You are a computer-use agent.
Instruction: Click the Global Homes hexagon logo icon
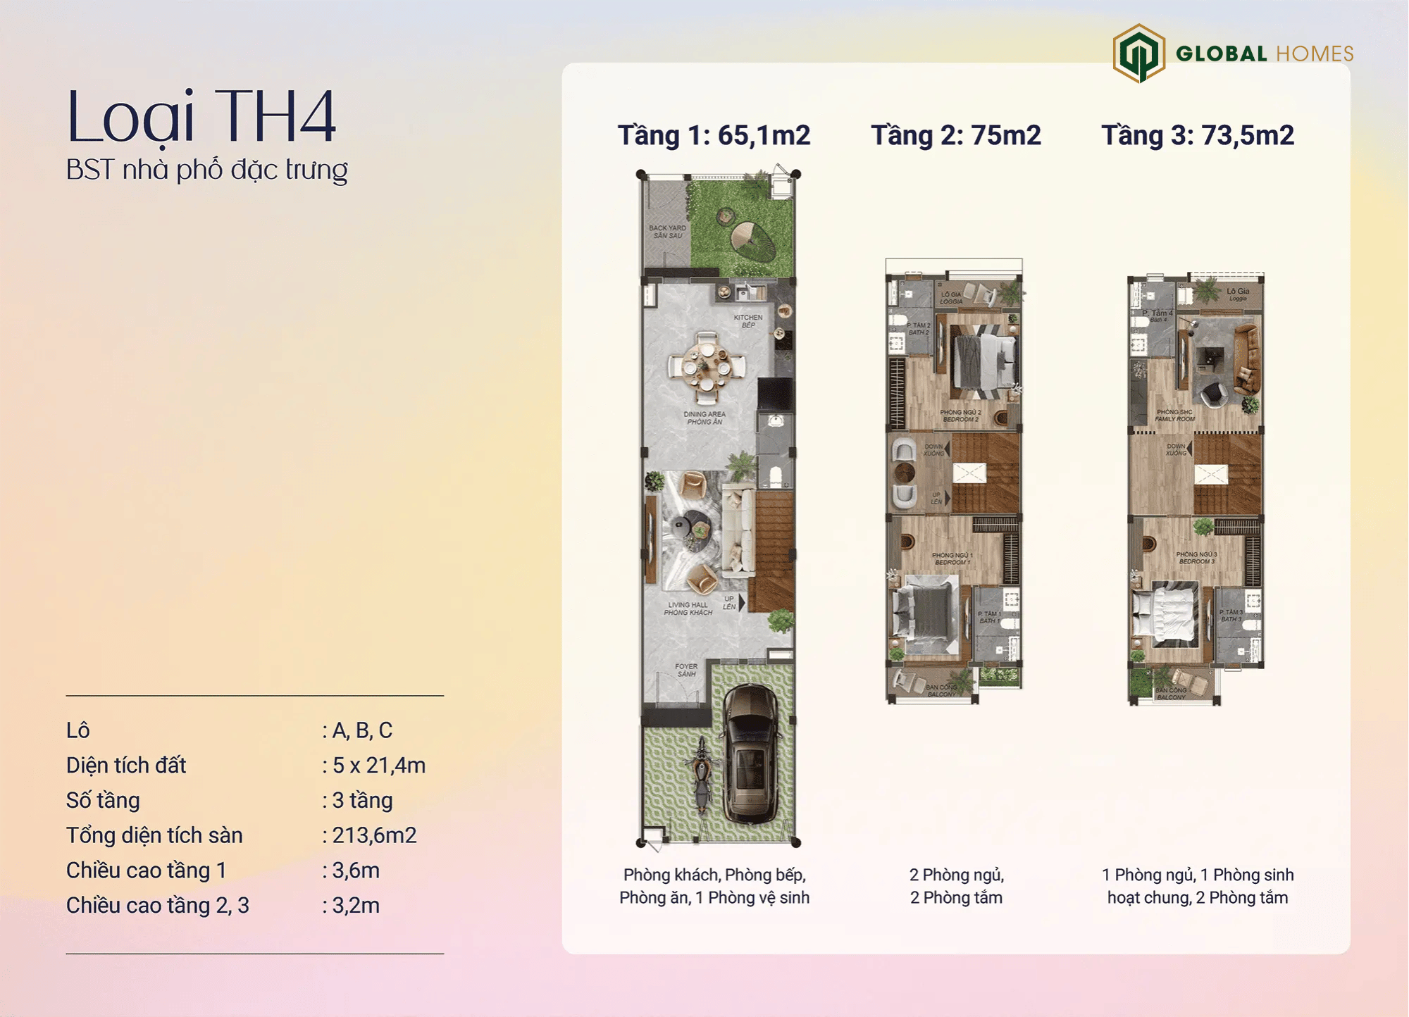click(x=1138, y=53)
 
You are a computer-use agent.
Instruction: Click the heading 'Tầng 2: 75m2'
click(x=956, y=135)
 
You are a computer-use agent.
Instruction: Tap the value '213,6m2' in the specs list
click(x=374, y=835)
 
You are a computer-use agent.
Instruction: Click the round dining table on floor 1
click(x=707, y=367)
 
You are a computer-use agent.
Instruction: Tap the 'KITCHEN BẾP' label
click(x=748, y=321)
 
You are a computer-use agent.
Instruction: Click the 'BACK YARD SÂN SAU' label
click(x=667, y=232)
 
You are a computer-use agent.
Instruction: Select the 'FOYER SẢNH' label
click(x=686, y=670)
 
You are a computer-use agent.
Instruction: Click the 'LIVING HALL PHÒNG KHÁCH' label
click(x=688, y=609)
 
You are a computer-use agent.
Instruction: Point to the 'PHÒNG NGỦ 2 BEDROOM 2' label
click(x=960, y=416)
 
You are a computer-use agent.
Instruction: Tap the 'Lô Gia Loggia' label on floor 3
click(x=1238, y=294)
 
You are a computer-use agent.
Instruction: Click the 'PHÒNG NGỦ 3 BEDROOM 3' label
click(x=1197, y=558)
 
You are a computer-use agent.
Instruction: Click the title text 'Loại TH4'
click(x=201, y=116)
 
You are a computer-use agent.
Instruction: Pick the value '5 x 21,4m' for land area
click(x=378, y=766)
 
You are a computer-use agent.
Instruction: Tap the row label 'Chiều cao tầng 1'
click(x=146, y=871)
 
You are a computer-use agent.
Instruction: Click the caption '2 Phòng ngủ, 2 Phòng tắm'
click(x=956, y=886)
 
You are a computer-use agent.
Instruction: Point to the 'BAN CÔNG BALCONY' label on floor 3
click(x=1171, y=694)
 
